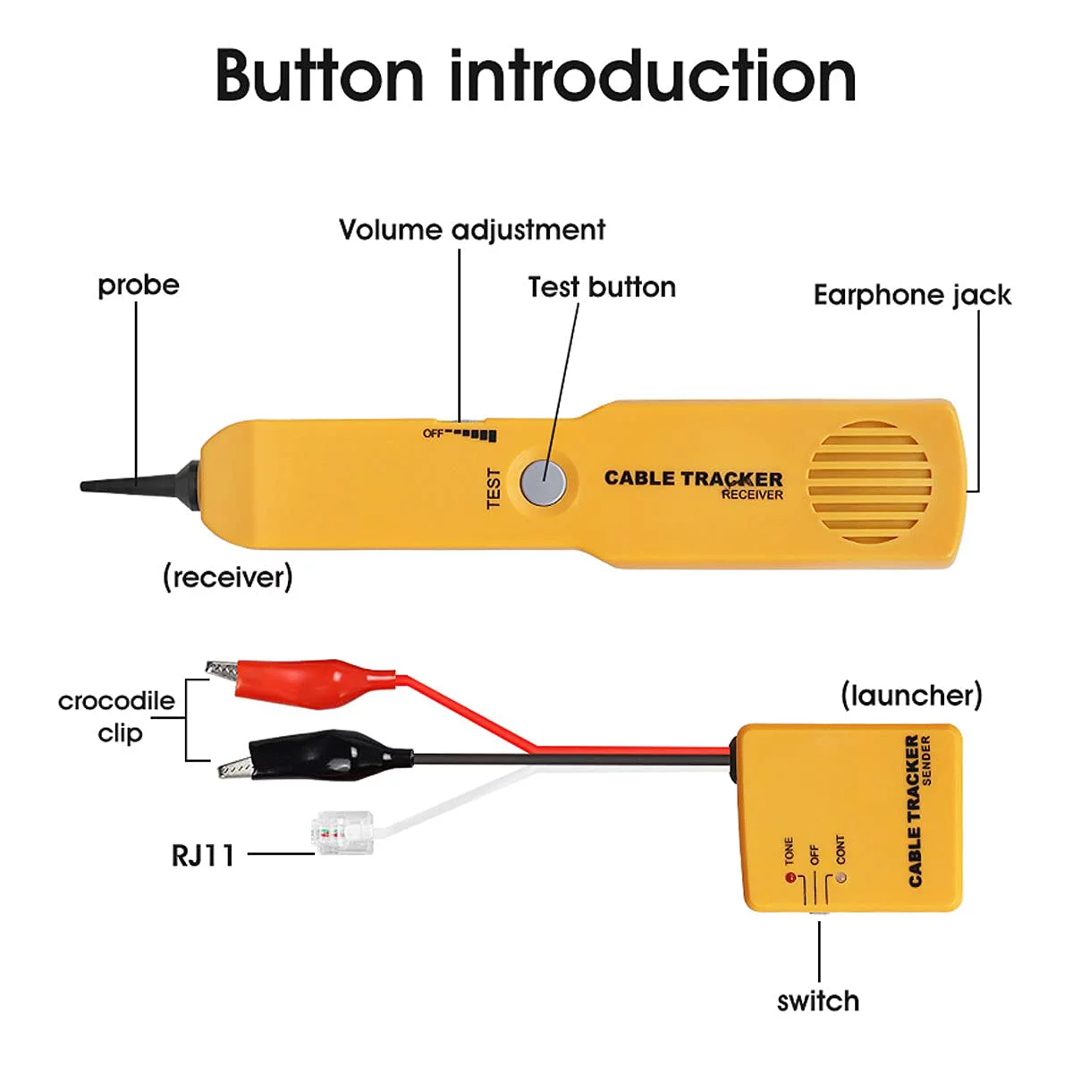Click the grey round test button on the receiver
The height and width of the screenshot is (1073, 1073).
pos(544,483)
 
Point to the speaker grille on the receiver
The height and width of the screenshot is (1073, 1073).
pos(869,483)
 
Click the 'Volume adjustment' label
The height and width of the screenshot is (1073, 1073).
pos(471,230)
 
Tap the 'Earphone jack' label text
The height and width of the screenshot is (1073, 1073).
pos(911,295)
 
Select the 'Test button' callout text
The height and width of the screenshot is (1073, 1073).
pos(601,287)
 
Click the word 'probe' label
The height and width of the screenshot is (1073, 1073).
pos(139,285)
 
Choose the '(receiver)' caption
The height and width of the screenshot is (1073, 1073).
pos(227,577)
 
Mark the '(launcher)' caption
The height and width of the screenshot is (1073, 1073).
pos(910,695)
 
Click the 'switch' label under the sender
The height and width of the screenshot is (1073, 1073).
pos(817,1001)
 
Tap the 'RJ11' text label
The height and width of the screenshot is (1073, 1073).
pos(203,856)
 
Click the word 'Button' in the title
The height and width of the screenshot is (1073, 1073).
pos(319,76)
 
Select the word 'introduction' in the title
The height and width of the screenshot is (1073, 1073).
pos(653,76)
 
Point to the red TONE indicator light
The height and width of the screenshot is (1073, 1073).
pos(790,878)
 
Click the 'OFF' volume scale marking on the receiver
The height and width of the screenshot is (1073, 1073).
pos(433,434)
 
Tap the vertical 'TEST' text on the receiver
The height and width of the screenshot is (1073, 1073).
pos(494,488)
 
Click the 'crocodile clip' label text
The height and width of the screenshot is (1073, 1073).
pos(117,716)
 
